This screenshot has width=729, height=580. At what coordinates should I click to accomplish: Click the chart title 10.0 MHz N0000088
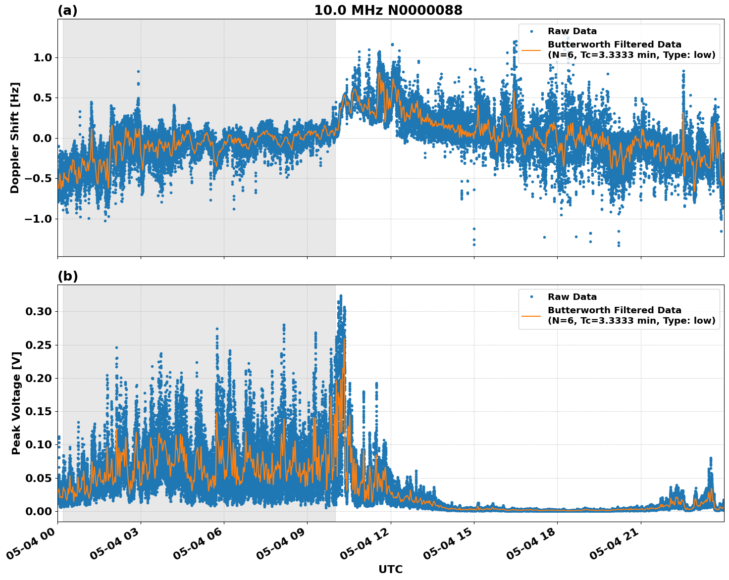coord(388,10)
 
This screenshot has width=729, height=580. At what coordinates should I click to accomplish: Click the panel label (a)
coord(67,10)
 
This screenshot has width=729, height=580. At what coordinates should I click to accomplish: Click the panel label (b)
coord(67,276)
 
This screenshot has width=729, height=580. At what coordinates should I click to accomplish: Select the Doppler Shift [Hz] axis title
coord(15,138)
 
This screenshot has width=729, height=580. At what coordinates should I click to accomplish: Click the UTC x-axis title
coord(390,569)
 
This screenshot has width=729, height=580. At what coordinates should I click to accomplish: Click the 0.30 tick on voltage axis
coord(39,311)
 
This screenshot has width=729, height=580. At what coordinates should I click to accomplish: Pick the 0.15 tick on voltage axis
coord(39,411)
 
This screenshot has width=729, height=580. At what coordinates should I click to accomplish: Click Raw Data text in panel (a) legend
coord(572,31)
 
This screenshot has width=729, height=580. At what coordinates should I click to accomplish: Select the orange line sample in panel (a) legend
coord(531,50)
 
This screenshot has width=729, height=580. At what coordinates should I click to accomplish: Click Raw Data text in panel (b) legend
coord(572,297)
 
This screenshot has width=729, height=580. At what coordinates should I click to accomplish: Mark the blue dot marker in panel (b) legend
coord(531,297)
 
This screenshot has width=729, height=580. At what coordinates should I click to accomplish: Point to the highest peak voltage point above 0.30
coord(341,296)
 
